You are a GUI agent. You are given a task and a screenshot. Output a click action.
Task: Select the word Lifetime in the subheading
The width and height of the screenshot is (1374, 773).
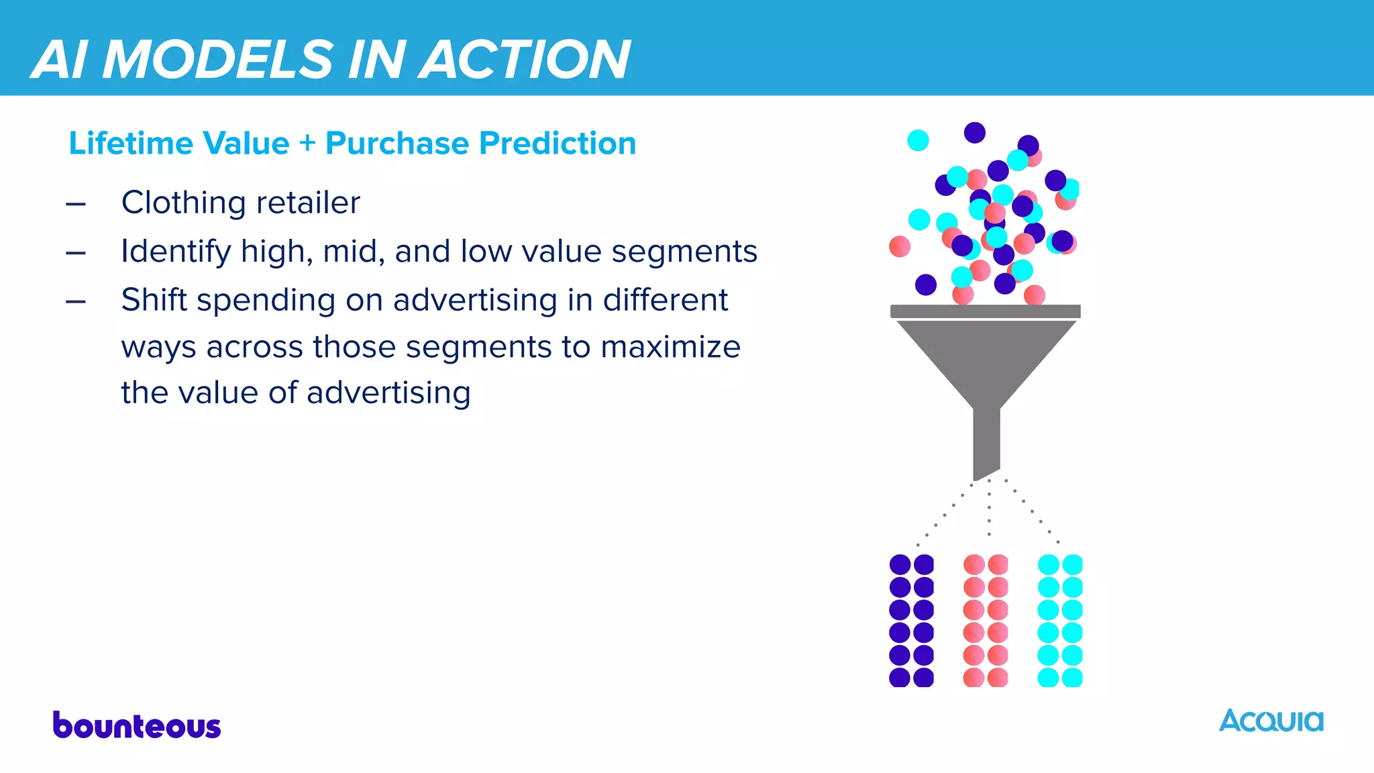coord(131,144)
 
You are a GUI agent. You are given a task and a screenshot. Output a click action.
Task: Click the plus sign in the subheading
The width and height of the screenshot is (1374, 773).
coord(307,144)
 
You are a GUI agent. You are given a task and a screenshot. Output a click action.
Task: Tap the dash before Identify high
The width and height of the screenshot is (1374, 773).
coord(76,253)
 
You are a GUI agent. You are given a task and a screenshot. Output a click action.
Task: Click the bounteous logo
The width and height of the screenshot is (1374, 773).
coord(137,726)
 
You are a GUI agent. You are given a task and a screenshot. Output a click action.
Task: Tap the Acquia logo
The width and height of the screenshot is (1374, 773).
coord(1271,721)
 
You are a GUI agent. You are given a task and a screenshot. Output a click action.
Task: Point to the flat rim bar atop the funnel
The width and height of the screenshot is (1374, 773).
coord(985,311)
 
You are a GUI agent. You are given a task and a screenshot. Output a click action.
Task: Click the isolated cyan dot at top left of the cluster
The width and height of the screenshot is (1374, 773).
coord(918,140)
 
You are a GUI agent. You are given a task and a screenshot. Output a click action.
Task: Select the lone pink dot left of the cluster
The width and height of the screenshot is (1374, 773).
coord(900,246)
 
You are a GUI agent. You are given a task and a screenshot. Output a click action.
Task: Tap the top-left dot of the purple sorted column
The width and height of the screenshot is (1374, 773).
coord(900,564)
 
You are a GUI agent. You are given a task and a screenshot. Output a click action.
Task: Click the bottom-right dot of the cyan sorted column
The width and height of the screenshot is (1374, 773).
coord(1072,677)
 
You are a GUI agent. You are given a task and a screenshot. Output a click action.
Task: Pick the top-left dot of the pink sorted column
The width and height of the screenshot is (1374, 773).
coord(973,564)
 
